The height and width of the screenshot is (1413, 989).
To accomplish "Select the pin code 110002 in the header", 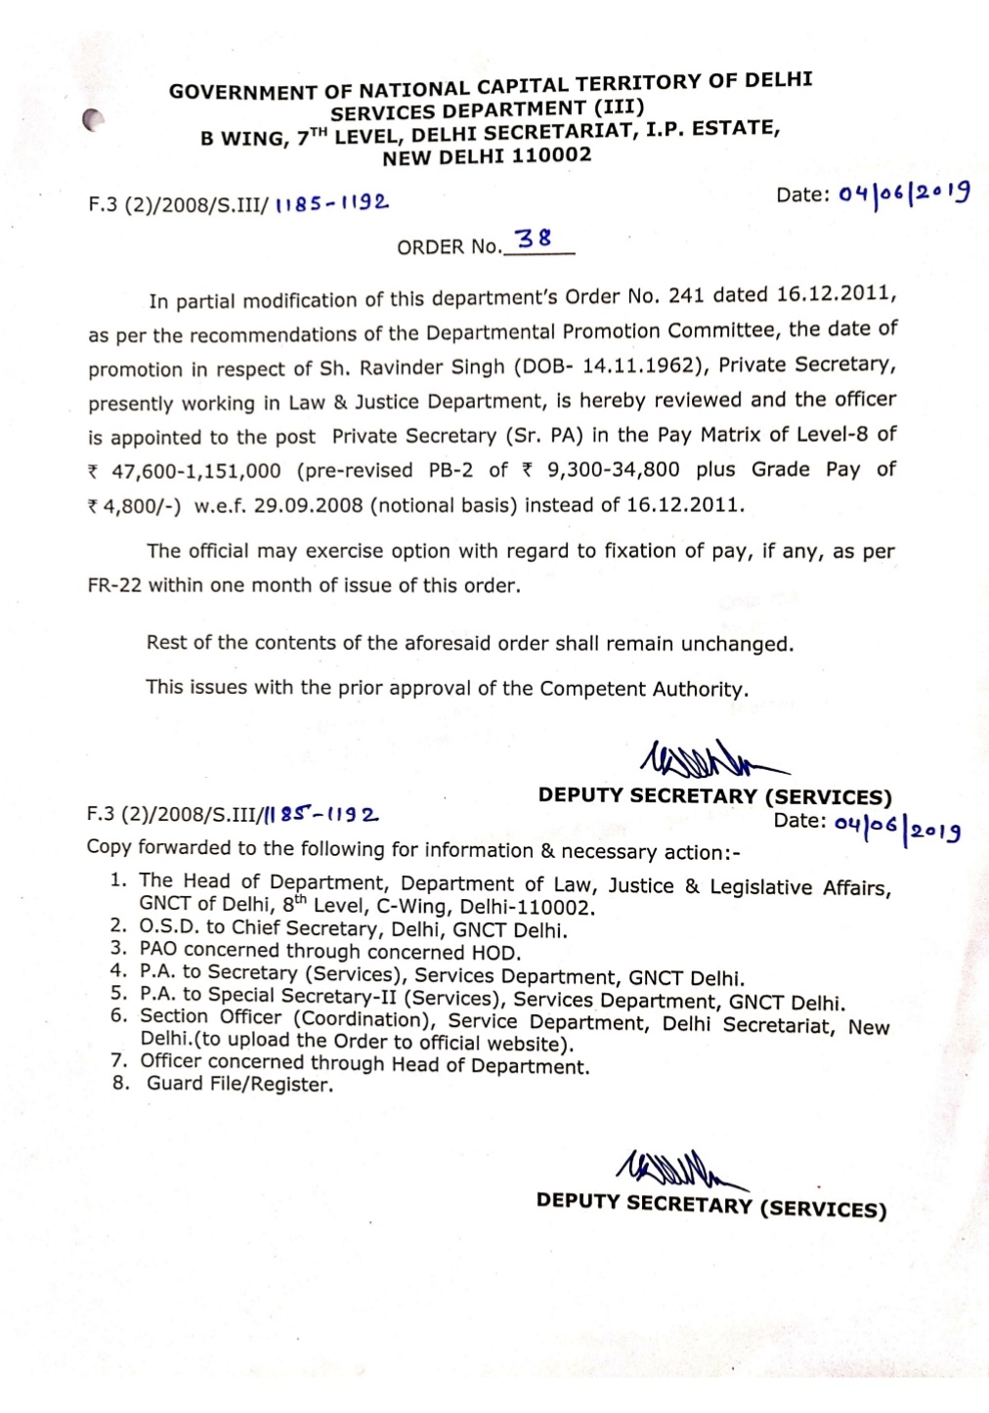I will coord(553,155).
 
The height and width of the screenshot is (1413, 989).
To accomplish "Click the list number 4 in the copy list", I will coord(119,972).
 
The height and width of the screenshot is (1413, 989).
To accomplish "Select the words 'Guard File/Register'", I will coord(239,1084).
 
